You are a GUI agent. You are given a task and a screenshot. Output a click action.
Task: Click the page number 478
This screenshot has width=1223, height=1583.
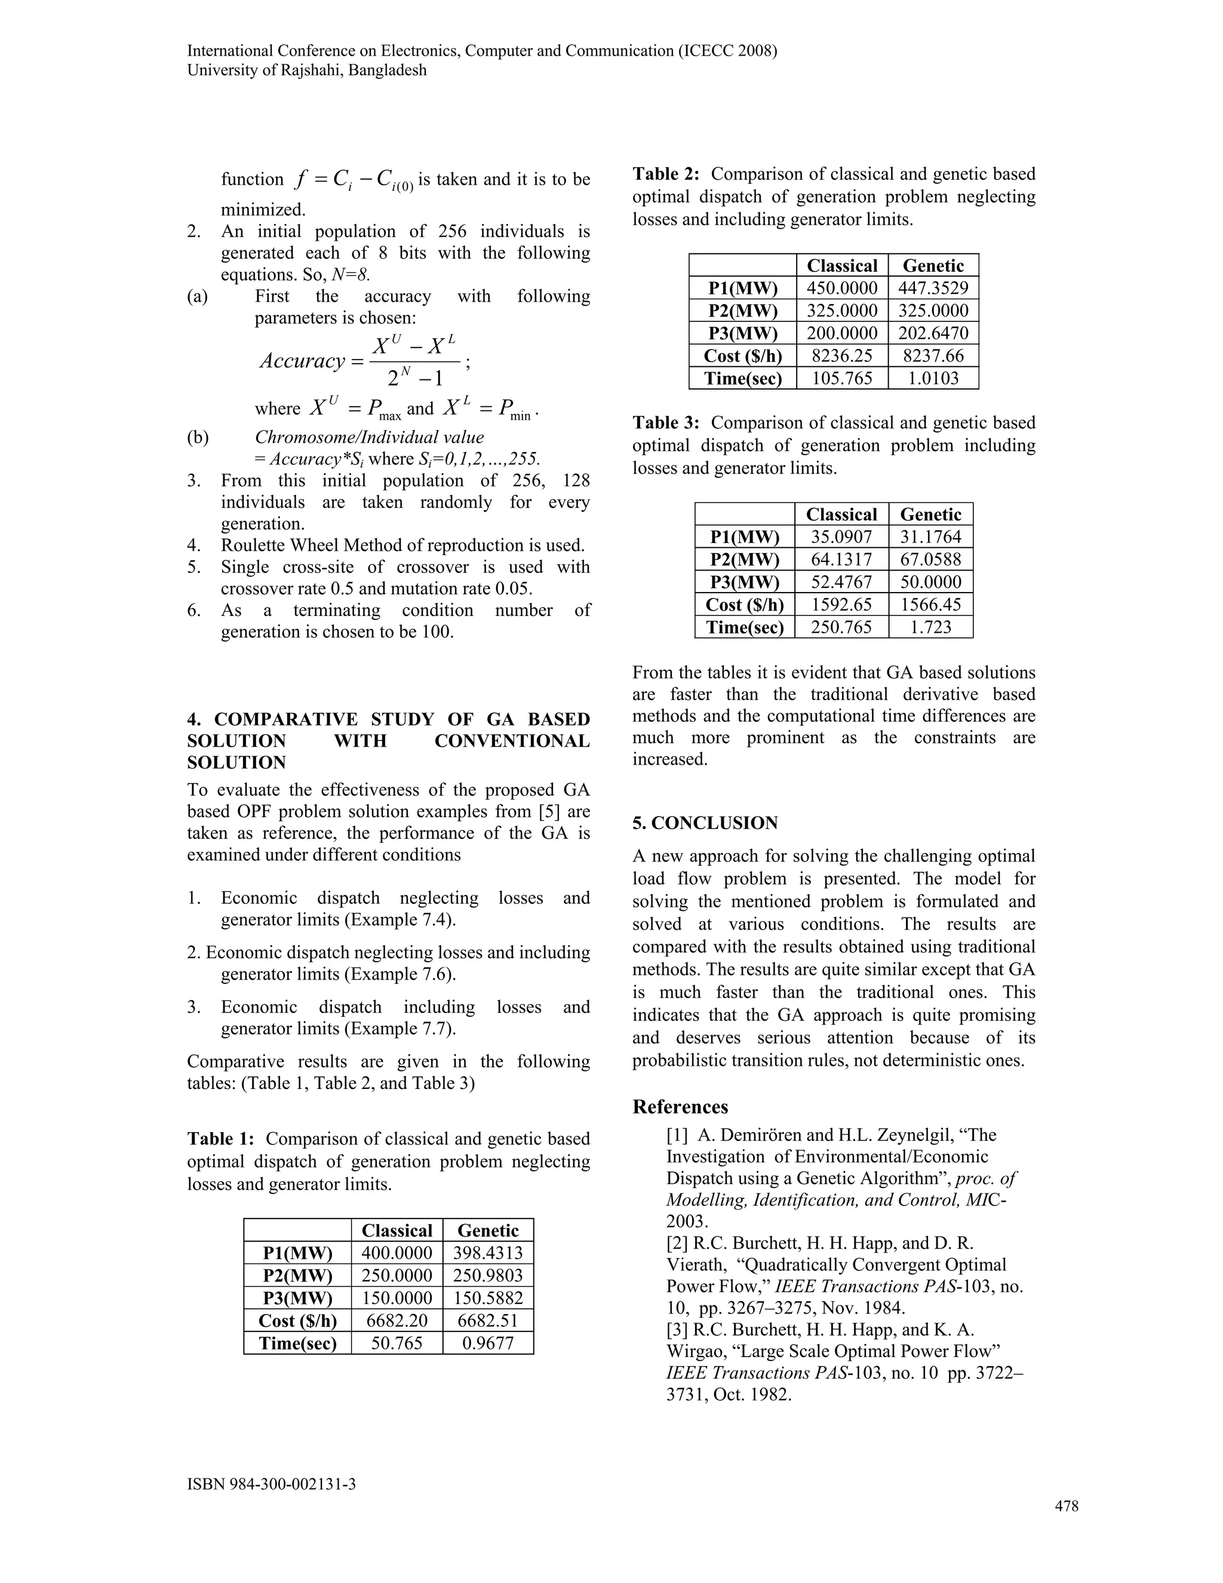[x=1066, y=1506]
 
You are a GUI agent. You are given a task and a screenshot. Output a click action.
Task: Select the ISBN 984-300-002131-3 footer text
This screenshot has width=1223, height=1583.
[x=271, y=1484]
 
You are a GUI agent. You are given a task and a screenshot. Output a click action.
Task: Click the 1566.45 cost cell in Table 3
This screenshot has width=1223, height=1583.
[x=930, y=605]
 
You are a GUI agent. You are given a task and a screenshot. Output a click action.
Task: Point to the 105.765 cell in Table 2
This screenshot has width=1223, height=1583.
[x=841, y=378]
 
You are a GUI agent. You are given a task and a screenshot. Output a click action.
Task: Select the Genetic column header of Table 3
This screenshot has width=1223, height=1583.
[x=930, y=514]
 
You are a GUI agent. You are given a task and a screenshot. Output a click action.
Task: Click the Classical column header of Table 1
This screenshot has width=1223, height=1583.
[x=397, y=1231]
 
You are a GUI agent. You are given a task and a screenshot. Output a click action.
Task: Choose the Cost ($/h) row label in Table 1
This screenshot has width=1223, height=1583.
[x=297, y=1321]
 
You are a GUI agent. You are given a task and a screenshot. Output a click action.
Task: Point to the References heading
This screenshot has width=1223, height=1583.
[x=680, y=1107]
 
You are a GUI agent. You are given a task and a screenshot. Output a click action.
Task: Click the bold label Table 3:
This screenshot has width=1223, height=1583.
[x=666, y=422]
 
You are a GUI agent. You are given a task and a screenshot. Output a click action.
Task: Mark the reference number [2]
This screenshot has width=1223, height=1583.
[x=678, y=1243]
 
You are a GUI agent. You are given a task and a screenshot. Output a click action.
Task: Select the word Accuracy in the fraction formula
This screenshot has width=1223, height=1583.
[x=302, y=361]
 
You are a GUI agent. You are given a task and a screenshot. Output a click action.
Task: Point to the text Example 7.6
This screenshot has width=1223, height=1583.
[x=411, y=974]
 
